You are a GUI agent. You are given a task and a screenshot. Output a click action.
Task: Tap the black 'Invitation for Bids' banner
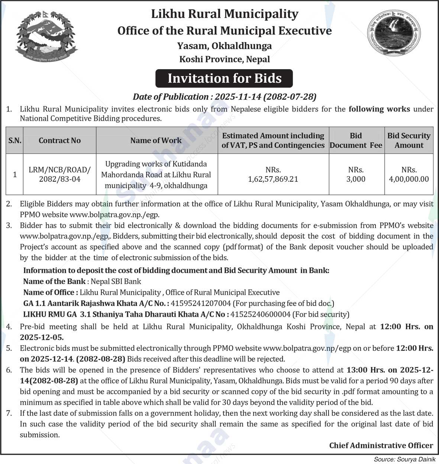click(224, 78)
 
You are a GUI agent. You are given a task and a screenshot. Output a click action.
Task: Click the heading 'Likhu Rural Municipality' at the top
click(225, 14)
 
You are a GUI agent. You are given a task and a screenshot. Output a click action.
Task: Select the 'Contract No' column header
click(59, 141)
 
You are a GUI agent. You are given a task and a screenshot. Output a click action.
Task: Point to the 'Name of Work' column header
click(156, 141)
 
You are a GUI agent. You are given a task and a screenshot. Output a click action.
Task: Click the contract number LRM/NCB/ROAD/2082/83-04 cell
click(59, 174)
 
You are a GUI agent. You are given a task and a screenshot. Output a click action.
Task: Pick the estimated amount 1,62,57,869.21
click(273, 179)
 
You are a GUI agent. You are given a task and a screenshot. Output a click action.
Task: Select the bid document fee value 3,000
click(356, 179)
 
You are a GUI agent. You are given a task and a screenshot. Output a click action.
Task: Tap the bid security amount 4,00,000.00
click(409, 179)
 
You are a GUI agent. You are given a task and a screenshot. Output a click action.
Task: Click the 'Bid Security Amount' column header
click(409, 141)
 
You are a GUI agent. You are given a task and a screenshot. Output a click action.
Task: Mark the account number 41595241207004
click(201, 303)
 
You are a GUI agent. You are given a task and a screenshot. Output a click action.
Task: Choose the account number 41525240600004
click(260, 314)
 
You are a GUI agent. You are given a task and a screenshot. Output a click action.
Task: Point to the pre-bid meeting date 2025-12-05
click(42, 338)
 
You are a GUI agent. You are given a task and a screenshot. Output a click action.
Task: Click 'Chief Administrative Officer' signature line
click(381, 445)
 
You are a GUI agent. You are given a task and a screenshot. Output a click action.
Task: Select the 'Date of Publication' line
click(225, 97)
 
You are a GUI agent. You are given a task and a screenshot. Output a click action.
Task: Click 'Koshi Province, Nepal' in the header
click(225, 59)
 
